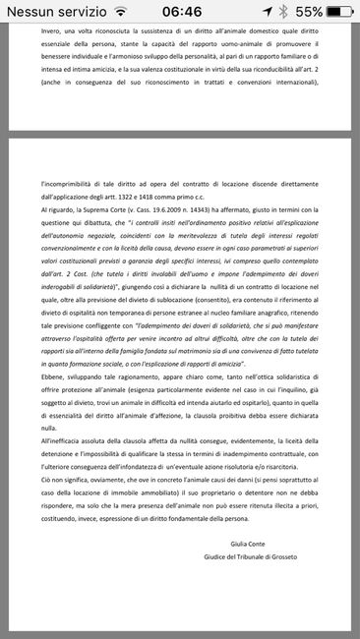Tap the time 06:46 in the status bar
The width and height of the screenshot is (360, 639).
[179, 12]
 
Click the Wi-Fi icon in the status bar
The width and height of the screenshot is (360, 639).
[121, 12]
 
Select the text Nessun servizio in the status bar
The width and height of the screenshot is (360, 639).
[53, 12]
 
